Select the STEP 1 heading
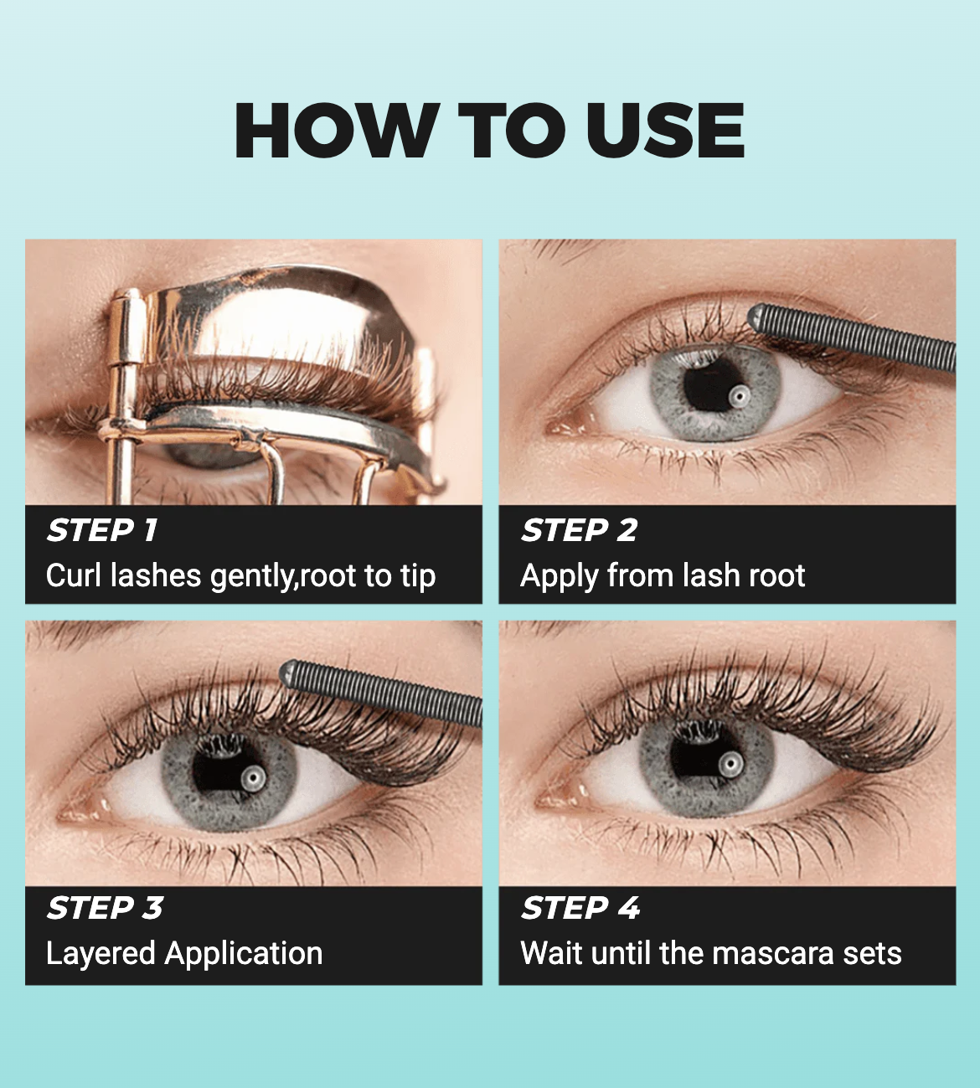point(102,530)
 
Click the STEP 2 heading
point(579,530)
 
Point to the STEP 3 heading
point(105,908)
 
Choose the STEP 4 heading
point(580,908)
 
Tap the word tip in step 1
point(418,577)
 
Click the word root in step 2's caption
point(776,576)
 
